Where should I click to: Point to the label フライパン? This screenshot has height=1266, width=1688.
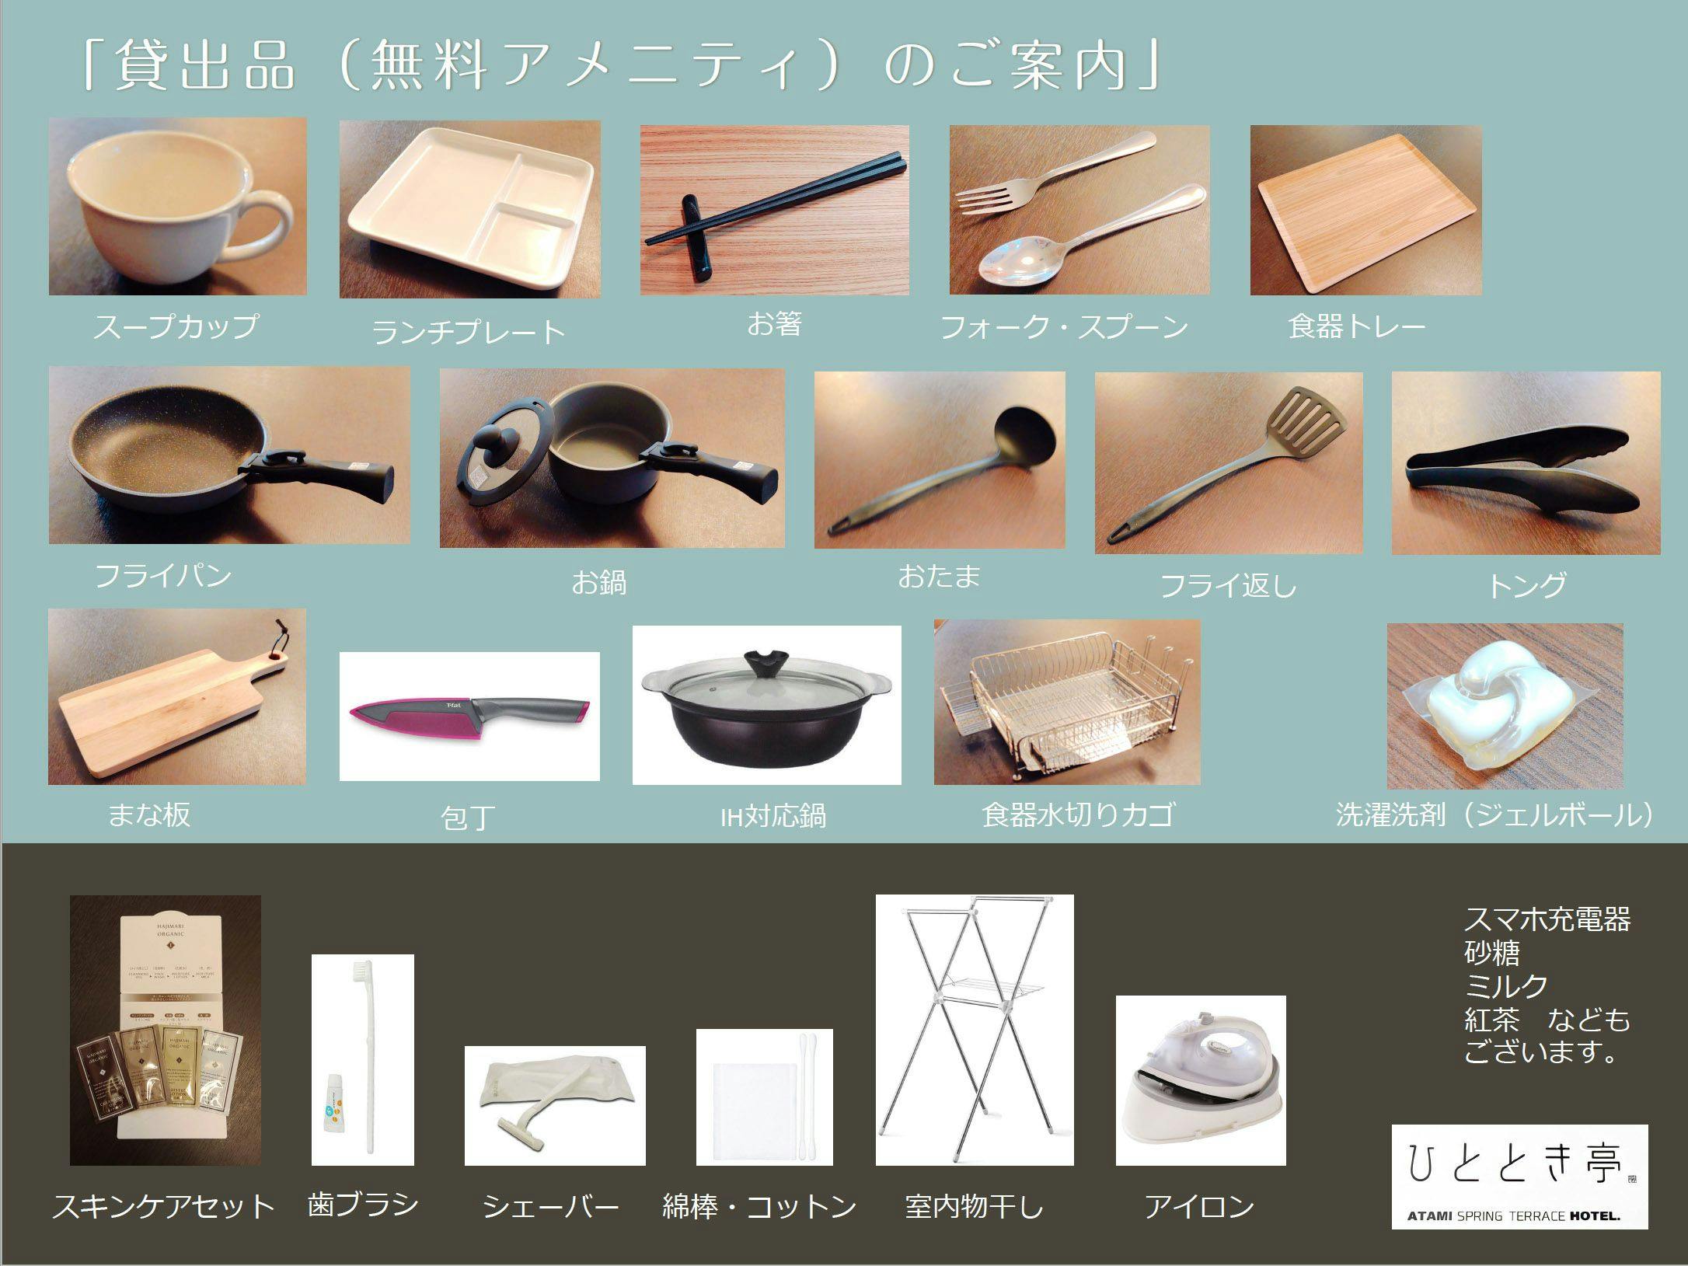pyautogui.click(x=163, y=576)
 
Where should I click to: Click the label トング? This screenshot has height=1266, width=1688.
pyautogui.click(x=1526, y=584)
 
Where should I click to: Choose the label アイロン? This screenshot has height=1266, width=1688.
pyautogui.click(x=1199, y=1207)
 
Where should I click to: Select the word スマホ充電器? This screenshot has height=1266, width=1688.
pyautogui.click(x=1547, y=919)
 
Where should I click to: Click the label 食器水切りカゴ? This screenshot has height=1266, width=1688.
pyautogui.click(x=1077, y=814)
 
